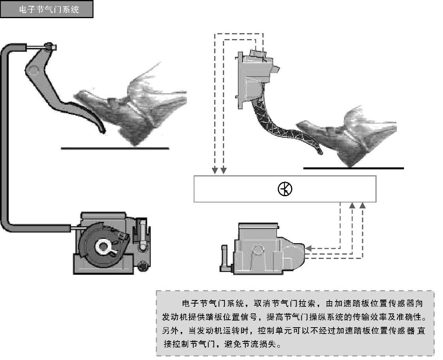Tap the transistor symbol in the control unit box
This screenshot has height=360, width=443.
pos(285,189)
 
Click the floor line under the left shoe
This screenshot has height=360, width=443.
pos(115,148)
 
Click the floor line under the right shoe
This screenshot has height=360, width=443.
pos(353,168)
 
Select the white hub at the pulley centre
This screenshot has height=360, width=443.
pos(103,246)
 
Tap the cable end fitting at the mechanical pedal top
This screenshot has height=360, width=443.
pos(49,47)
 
